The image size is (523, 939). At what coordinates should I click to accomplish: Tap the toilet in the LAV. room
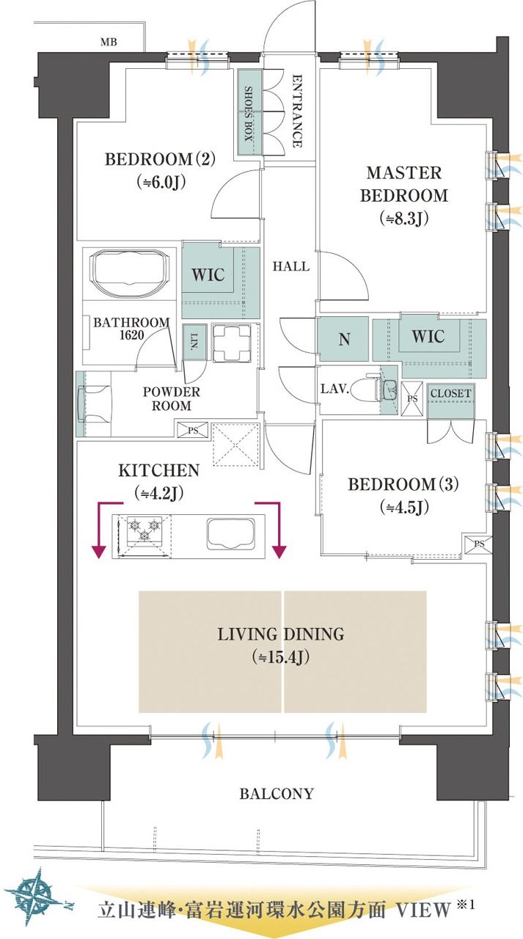(365, 390)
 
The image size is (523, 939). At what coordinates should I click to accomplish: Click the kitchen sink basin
(230, 533)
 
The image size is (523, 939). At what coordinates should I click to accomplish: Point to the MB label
(109, 43)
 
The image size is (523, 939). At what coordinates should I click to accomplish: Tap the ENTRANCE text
(296, 111)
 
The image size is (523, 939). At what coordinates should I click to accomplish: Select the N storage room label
(344, 339)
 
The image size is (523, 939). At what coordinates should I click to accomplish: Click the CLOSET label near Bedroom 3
(450, 394)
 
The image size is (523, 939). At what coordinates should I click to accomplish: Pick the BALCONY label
(277, 794)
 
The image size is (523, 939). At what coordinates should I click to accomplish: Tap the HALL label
(291, 266)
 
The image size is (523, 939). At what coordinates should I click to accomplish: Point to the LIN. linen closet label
(194, 342)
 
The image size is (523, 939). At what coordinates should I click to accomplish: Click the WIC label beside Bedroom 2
(208, 275)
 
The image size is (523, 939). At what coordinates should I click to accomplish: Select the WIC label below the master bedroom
(428, 337)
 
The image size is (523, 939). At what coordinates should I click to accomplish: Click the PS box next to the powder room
(193, 430)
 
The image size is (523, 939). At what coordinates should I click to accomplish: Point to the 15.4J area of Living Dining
(281, 657)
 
